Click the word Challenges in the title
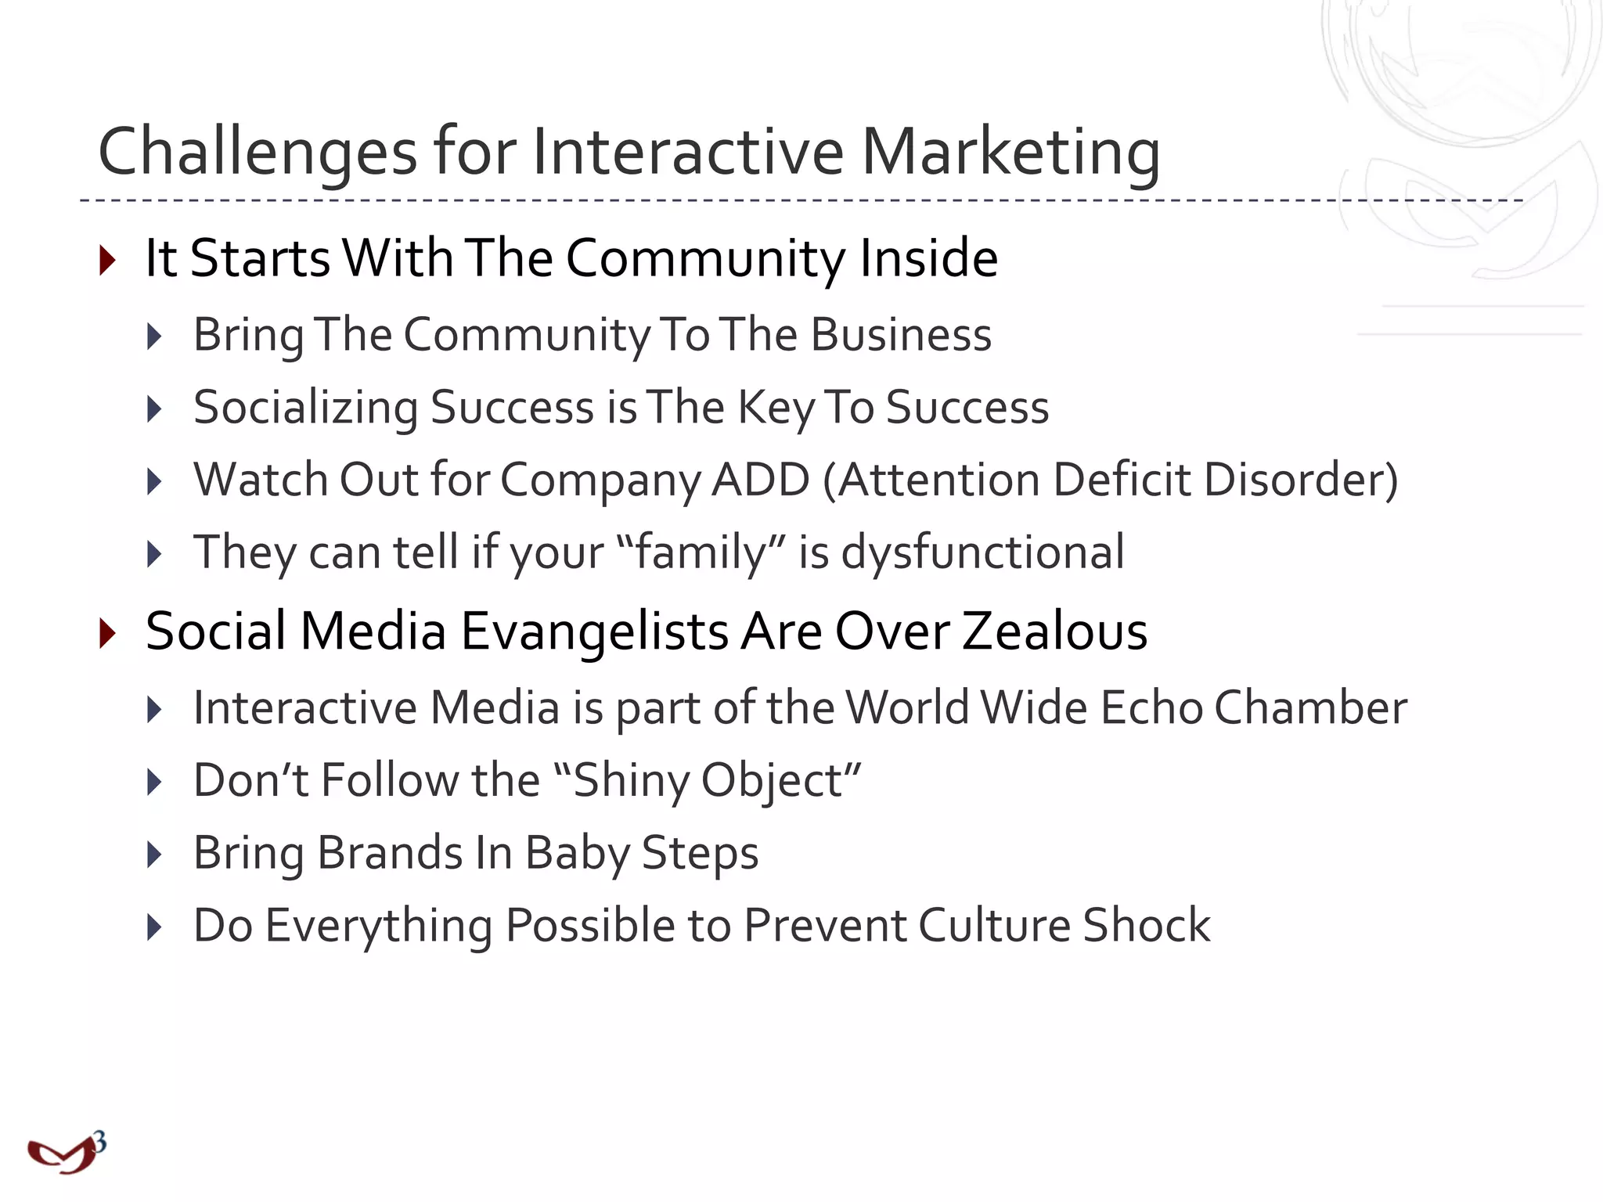point(258,152)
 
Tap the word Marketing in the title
point(1010,152)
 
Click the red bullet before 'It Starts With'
point(108,260)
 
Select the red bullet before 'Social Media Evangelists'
point(108,632)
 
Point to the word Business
point(901,335)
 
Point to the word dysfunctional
point(982,552)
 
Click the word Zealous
point(1054,632)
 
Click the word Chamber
point(1310,707)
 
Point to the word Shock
point(1147,926)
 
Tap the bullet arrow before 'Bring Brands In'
point(154,855)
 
